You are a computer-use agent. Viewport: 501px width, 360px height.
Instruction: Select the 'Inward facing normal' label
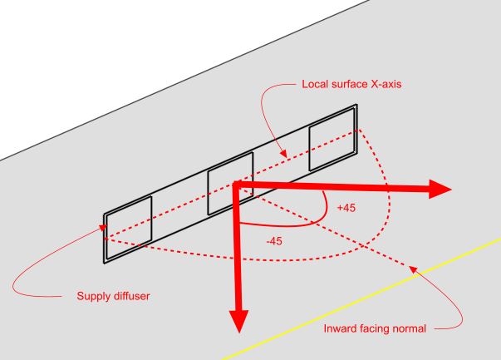click(374, 328)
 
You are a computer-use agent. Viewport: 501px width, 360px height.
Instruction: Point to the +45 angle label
click(346, 208)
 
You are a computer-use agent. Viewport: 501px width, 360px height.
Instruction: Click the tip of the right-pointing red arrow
click(450, 189)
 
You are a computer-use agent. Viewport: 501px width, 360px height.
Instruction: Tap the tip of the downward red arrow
click(239, 330)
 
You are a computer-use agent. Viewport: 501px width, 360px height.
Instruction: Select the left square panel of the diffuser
click(128, 223)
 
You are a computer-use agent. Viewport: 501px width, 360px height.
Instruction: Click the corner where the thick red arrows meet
click(239, 185)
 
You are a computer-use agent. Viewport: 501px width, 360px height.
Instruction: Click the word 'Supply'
click(94, 295)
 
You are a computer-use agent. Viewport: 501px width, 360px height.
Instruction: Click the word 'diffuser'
click(131, 295)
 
